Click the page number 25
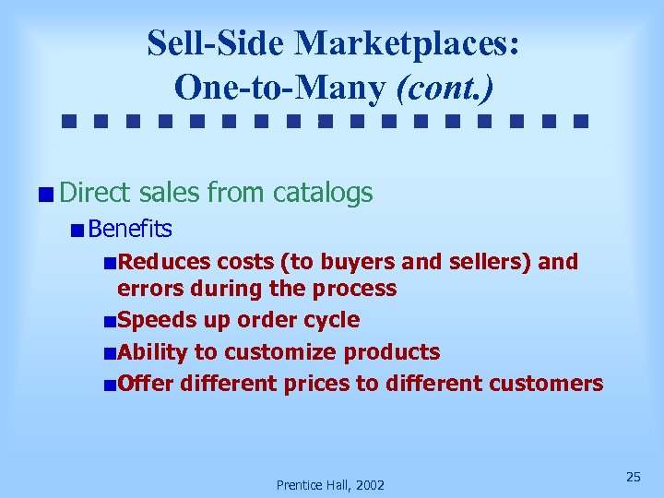coord(633,476)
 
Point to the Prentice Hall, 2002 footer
coord(331,485)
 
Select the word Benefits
coord(131,228)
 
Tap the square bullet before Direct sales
coord(46,194)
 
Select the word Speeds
coord(151,320)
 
